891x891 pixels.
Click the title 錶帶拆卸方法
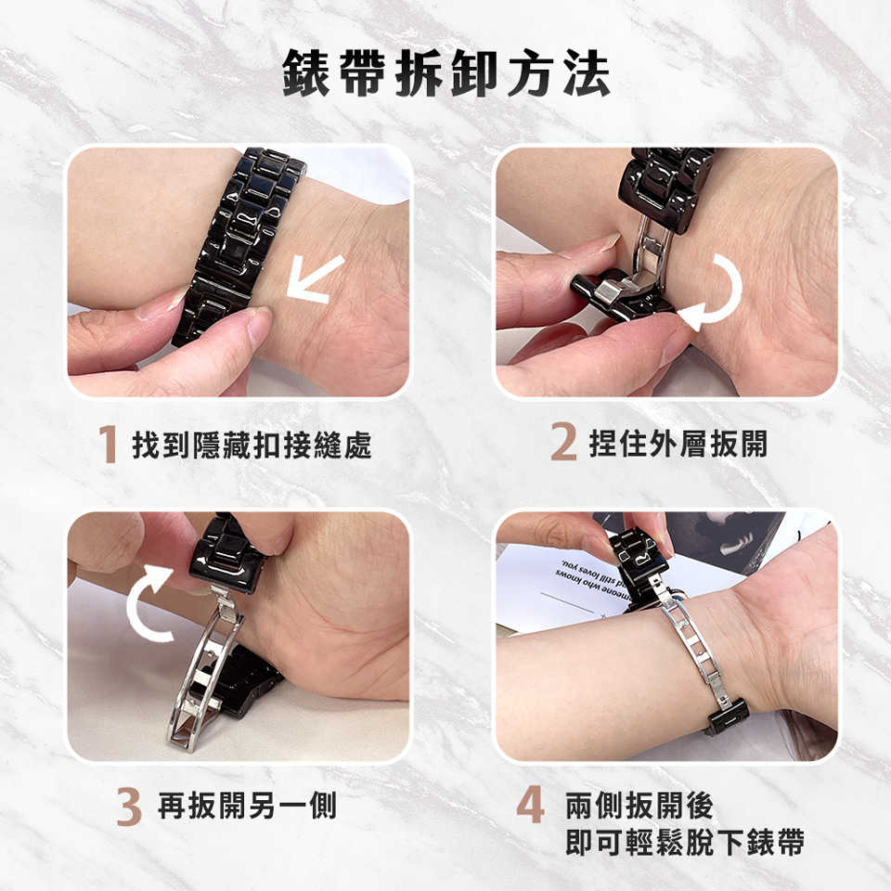pos(446,72)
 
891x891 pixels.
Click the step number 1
pos(108,444)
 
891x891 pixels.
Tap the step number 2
pos(563,442)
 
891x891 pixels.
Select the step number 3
pos(129,807)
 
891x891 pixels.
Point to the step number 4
pos(530,806)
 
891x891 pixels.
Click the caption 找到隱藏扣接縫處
pos(252,445)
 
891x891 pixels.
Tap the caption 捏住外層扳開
pos(678,444)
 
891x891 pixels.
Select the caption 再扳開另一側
pos(247,806)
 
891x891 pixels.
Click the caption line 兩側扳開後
pos(639,806)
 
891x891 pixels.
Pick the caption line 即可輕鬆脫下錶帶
pos(684,842)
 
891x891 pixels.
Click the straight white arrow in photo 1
pos(316,279)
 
